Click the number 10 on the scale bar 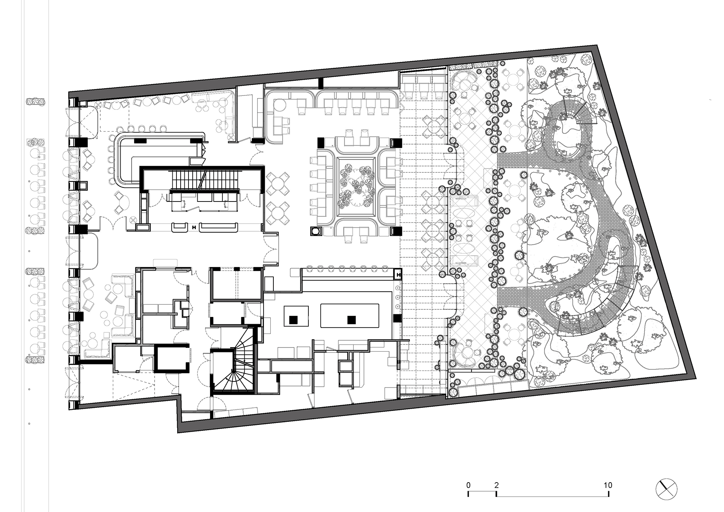tap(607, 485)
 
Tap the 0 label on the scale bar tap(468, 485)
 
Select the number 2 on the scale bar tap(496, 485)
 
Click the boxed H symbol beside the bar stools tap(397, 274)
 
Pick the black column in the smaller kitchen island tap(293, 320)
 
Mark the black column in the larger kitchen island tap(351, 320)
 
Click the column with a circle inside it tap(315, 232)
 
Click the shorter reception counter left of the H tap(180, 227)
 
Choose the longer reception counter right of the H tap(218, 227)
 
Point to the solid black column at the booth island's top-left tap(321, 142)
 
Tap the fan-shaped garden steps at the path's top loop tap(580, 109)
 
